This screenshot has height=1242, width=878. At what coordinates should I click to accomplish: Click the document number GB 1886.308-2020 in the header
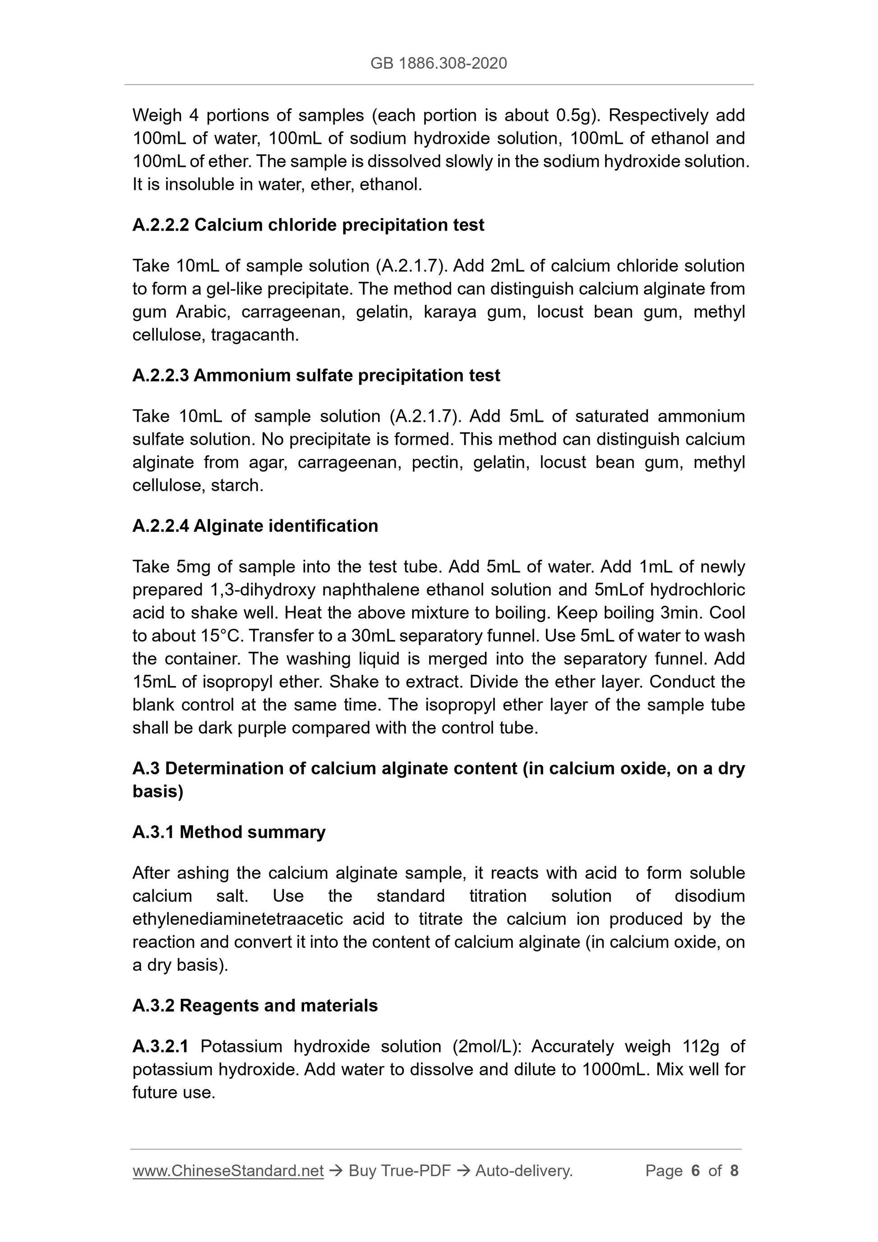pyautogui.click(x=439, y=64)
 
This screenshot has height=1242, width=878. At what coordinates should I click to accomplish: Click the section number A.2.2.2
pyautogui.click(x=161, y=225)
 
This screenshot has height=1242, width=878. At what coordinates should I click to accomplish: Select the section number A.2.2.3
pyautogui.click(x=161, y=375)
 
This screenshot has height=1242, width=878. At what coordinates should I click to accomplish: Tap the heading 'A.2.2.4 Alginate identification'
pyautogui.click(x=255, y=526)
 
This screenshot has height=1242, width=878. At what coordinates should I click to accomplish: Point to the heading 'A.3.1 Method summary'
pyautogui.click(x=229, y=832)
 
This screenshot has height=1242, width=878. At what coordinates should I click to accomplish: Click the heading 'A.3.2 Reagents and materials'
pyautogui.click(x=255, y=1006)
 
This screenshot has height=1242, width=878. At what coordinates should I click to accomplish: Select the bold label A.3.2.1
pyautogui.click(x=160, y=1047)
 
